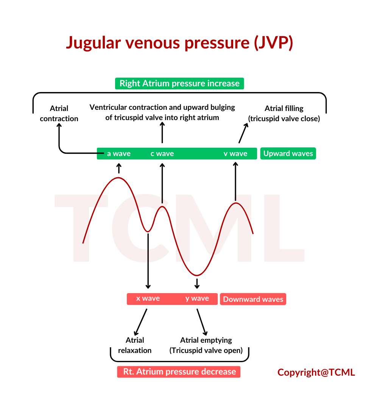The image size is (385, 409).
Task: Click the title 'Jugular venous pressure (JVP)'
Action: (179, 42)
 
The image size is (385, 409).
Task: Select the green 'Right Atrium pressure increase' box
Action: (179, 83)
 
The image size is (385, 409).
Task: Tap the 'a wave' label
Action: (119, 154)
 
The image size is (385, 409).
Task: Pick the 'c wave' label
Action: (162, 154)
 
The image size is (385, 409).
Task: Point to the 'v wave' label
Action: (235, 154)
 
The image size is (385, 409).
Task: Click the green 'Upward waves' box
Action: (288, 153)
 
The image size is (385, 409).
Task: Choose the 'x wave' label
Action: (148, 298)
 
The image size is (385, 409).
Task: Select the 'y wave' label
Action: (197, 298)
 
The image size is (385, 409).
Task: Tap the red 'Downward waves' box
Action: (253, 299)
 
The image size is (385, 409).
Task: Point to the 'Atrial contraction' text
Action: (59, 114)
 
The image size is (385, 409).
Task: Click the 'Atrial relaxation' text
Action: (135, 345)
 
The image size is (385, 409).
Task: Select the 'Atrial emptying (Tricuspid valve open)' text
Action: (206, 345)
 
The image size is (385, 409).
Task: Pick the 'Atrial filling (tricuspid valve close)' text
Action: (284, 114)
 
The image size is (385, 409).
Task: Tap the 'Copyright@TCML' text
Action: (316, 373)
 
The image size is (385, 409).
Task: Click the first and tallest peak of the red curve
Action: (118, 178)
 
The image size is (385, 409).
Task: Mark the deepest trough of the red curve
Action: (197, 275)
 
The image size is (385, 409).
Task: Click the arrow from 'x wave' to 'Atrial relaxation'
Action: (140, 322)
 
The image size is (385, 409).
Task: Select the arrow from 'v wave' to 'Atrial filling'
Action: (243, 133)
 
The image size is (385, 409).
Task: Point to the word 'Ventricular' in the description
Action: (108, 107)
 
